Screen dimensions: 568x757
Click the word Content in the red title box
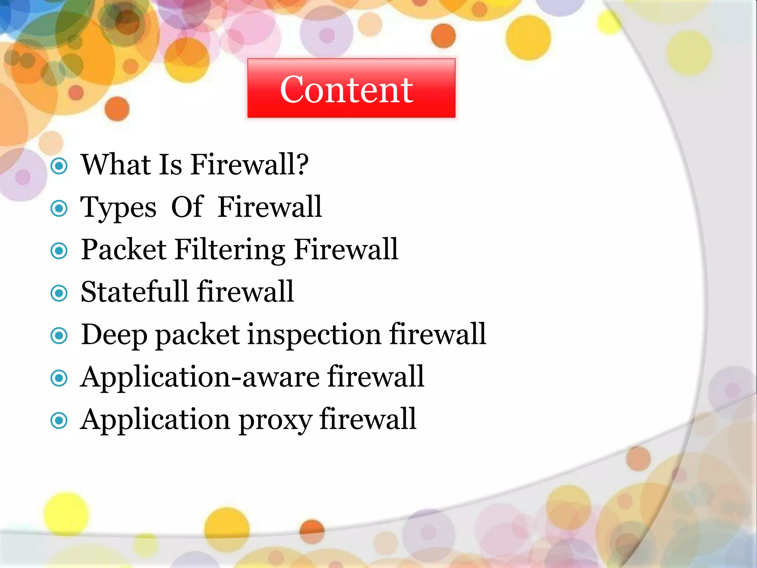click(346, 89)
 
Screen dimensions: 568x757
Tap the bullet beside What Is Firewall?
click(59, 166)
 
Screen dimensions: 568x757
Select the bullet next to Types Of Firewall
click(59, 209)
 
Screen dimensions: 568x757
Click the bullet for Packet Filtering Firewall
click(59, 251)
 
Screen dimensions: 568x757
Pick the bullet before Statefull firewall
click(59, 294)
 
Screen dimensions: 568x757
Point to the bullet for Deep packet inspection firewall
click(59, 336)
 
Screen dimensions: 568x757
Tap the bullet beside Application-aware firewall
click(59, 378)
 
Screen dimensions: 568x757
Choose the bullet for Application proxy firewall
click(59, 421)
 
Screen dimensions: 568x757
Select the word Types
click(118, 208)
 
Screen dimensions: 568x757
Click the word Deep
click(114, 335)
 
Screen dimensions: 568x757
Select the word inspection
click(314, 334)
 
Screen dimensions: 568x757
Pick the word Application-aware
click(200, 378)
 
